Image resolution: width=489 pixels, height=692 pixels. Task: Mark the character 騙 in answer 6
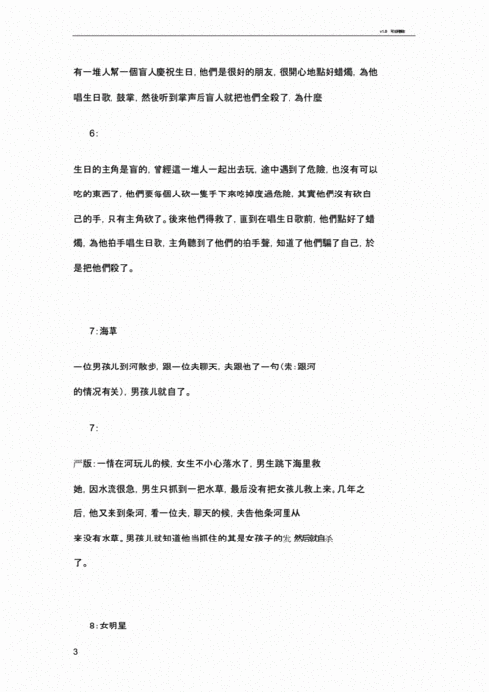pyautogui.click(x=339, y=243)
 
